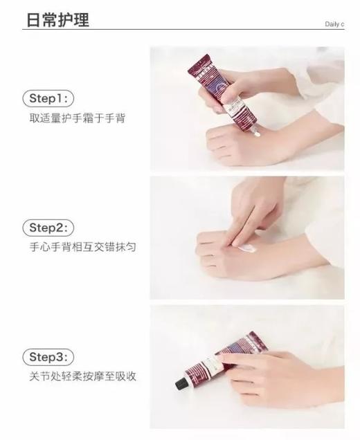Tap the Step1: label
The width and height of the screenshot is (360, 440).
[x=50, y=98]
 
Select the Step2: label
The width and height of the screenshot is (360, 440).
[x=51, y=228]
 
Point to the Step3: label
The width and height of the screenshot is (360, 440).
[x=51, y=357]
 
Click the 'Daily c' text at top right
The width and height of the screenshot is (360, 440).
[x=334, y=24]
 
